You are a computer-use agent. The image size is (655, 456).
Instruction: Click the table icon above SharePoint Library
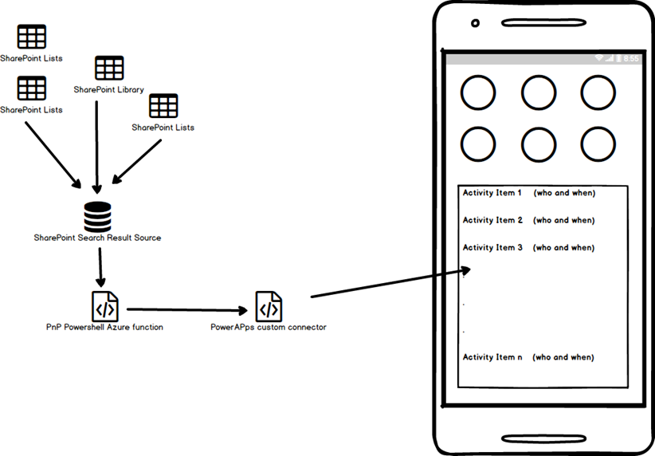click(109, 69)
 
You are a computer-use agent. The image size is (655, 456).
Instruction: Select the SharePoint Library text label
click(109, 90)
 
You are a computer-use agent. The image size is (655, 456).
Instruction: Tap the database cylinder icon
click(97, 216)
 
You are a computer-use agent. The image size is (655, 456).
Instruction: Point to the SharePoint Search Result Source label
click(97, 238)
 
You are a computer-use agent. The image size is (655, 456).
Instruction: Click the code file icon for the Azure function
click(105, 305)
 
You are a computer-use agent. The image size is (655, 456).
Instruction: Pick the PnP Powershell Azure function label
click(104, 327)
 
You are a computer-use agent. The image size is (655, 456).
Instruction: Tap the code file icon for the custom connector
click(269, 306)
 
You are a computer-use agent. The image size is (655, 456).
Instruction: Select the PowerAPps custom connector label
click(269, 327)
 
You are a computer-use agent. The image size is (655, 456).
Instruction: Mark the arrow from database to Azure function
click(99, 268)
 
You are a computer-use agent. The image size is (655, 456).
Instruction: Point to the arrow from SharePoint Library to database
click(96, 143)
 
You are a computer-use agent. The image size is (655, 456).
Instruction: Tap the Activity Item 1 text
click(492, 193)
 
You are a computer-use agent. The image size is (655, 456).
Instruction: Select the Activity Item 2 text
click(492, 220)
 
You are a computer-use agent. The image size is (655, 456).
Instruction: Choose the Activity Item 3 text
click(492, 247)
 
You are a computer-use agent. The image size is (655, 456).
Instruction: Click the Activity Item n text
click(492, 357)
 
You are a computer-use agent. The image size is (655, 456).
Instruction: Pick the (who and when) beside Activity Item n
click(563, 357)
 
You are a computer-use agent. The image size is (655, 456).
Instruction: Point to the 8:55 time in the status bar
click(631, 59)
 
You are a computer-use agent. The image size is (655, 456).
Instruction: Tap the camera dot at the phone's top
click(475, 23)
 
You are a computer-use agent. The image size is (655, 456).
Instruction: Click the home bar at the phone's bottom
click(542, 438)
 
